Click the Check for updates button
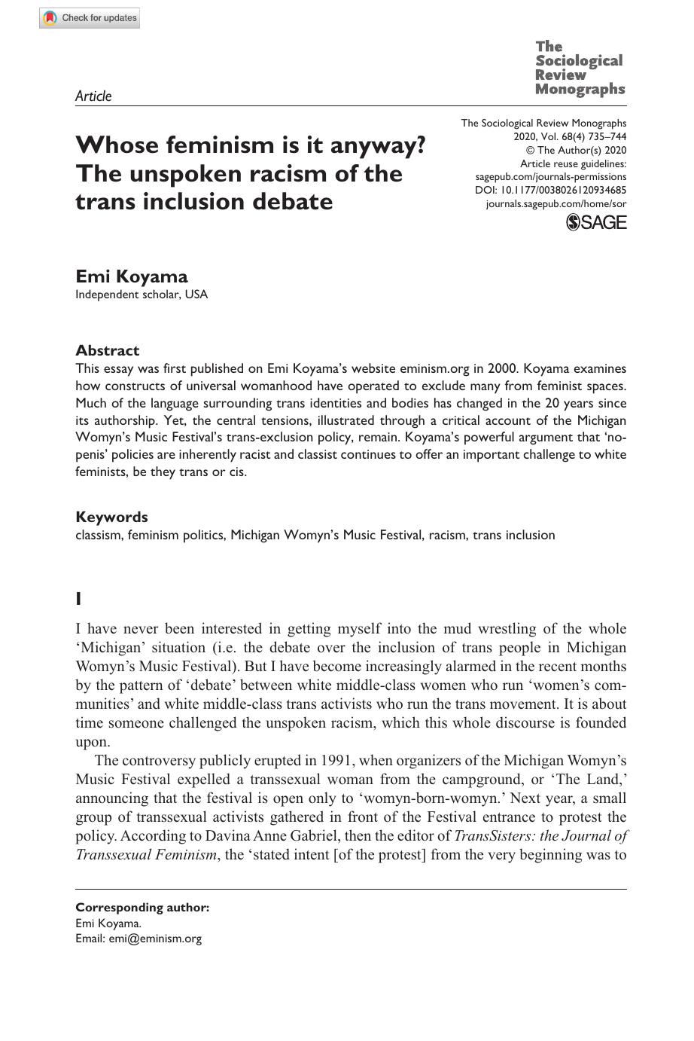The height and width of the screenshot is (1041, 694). coord(90,18)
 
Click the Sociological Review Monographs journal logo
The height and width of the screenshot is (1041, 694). coord(580,68)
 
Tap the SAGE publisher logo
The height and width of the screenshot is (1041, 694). coord(595,222)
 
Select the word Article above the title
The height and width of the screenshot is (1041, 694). coord(93,96)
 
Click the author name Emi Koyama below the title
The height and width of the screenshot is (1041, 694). coord(132,276)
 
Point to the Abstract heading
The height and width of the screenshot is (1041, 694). coord(107,350)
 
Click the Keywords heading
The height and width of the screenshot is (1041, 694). coord(111,517)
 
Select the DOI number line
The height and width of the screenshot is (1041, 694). coord(550,191)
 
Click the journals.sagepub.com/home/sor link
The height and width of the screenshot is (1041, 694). coord(556,204)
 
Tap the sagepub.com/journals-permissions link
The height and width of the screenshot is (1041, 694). coord(550,177)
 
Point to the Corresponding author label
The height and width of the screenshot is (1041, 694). coord(142,908)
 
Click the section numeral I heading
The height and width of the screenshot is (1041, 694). coord(78,599)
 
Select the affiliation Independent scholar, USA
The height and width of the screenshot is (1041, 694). coord(142,295)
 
